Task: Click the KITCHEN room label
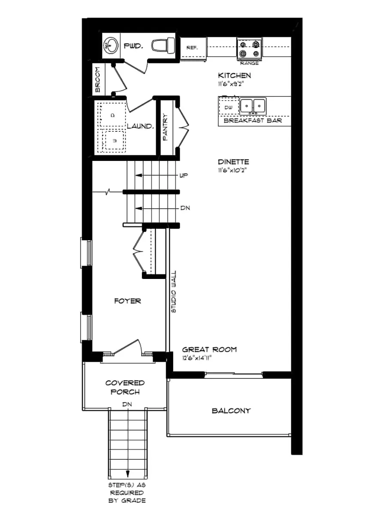234,76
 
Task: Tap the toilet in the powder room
165,44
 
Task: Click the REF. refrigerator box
192,48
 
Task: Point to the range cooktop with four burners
250,48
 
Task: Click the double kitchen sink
253,106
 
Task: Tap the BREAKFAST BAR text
253,121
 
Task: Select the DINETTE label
233,162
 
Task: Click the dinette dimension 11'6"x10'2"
233,170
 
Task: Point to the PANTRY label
166,127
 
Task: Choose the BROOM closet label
98,80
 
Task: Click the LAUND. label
140,126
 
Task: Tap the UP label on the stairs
185,176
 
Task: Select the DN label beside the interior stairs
185,208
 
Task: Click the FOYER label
127,301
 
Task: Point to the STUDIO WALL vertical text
174,291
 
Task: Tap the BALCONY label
231,411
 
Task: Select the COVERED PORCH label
125,387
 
